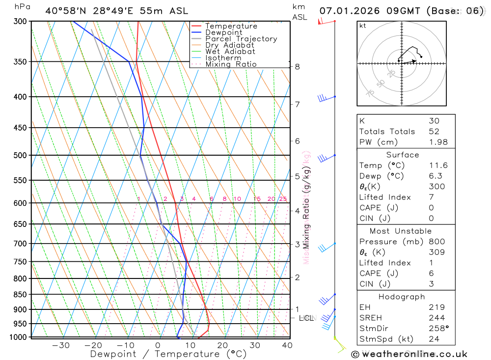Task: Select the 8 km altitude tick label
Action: pyautogui.click(x=297, y=67)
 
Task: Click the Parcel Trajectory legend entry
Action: pyautogui.click(x=241, y=39)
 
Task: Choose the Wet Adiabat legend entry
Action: pyautogui.click(x=230, y=52)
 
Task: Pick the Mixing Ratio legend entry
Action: pyautogui.click(x=231, y=64)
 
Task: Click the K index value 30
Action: pyautogui.click(x=434, y=121)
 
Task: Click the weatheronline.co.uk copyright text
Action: pyautogui.click(x=409, y=354)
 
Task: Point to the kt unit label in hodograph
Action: pyautogui.click(x=363, y=26)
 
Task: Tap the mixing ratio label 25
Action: pyautogui.click(x=283, y=199)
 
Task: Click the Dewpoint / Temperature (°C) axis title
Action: pyautogui.click(x=168, y=354)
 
